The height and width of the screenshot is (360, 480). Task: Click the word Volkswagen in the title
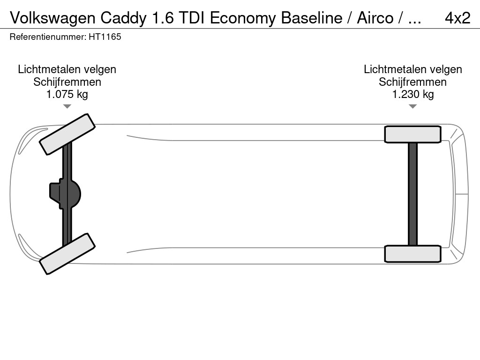(x=53, y=18)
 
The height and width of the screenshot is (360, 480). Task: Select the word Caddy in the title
(x=123, y=18)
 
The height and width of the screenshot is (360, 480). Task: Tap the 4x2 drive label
(x=457, y=18)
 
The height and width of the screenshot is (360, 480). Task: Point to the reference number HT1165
(x=105, y=37)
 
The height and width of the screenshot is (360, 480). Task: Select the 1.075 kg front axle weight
(x=67, y=94)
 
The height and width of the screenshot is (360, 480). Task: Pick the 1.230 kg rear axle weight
(x=413, y=94)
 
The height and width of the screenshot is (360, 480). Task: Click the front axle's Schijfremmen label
(x=67, y=82)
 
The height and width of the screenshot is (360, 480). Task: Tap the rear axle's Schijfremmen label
(x=413, y=82)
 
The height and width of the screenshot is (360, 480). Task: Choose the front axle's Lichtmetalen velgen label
(x=67, y=69)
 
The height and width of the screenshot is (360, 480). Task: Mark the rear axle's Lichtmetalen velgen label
(x=413, y=69)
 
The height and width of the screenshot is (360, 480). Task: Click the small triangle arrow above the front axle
(x=67, y=106)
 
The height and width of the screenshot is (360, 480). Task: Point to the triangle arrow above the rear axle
(x=412, y=106)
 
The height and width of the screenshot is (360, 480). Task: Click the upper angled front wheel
(x=67, y=134)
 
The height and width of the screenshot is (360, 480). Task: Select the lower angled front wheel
(x=67, y=254)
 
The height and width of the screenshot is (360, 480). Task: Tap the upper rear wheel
(x=412, y=134)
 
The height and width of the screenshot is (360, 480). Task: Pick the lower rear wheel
(x=412, y=254)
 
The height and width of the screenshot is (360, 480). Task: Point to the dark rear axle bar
(x=412, y=194)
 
